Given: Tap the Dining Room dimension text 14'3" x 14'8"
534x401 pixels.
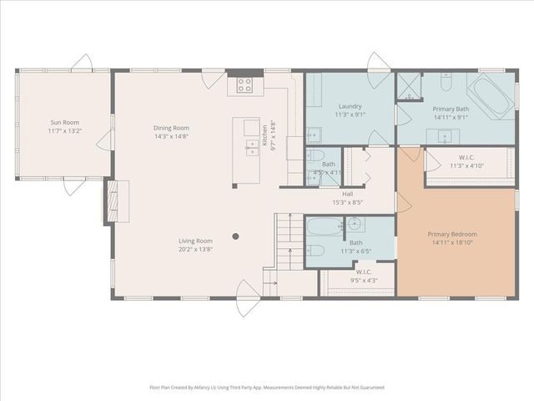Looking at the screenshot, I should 171,136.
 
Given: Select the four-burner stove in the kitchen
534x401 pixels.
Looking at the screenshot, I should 245,84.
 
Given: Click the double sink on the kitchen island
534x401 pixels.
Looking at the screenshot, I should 250,148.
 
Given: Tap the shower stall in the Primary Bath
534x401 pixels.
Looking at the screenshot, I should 407,86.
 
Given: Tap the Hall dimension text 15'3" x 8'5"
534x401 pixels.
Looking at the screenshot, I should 347,201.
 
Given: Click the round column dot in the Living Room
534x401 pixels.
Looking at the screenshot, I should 235,236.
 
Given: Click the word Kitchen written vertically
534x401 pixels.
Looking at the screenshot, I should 265,133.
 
